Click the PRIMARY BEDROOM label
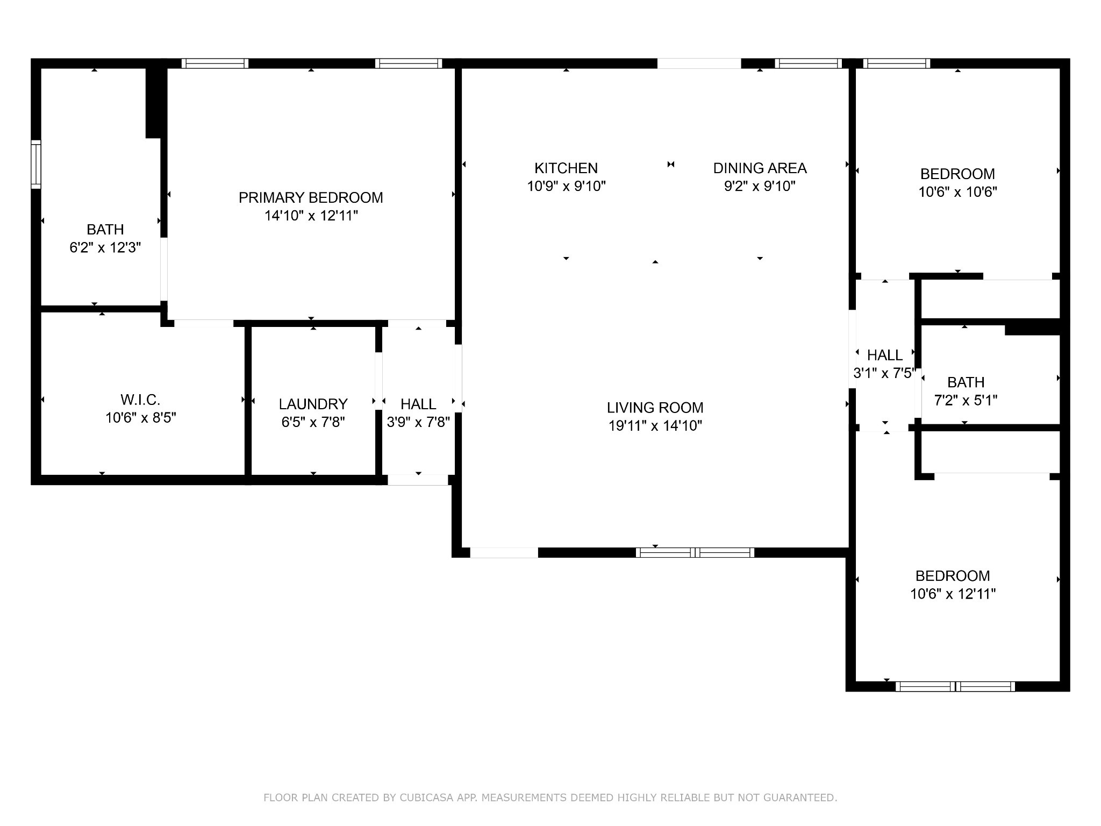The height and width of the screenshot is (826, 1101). click(x=311, y=198)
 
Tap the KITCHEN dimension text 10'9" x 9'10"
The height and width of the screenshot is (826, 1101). click(x=566, y=187)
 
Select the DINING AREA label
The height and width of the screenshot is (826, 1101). click(x=760, y=168)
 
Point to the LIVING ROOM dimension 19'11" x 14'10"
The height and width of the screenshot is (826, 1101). click(x=655, y=426)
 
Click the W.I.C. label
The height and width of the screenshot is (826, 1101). click(x=140, y=400)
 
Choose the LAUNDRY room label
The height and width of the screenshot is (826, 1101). click(x=313, y=404)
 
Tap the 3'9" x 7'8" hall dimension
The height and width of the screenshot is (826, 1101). click(x=418, y=422)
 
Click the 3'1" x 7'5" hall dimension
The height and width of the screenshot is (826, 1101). click(x=884, y=373)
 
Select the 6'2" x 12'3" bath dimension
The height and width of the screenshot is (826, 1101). click(x=105, y=248)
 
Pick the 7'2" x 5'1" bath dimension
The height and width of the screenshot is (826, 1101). click(x=966, y=401)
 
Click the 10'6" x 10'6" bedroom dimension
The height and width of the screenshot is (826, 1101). click(x=957, y=192)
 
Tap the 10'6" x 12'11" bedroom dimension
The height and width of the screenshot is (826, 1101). click(x=953, y=594)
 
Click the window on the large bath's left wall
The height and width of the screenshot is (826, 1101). click(x=36, y=164)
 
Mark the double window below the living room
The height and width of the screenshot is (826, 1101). click(x=695, y=552)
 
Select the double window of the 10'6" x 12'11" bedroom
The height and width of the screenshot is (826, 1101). click(x=955, y=687)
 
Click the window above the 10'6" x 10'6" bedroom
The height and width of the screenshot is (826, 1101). click(x=896, y=63)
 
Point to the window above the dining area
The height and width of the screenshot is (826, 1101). click(x=808, y=63)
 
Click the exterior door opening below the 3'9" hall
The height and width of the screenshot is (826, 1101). click(x=418, y=480)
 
